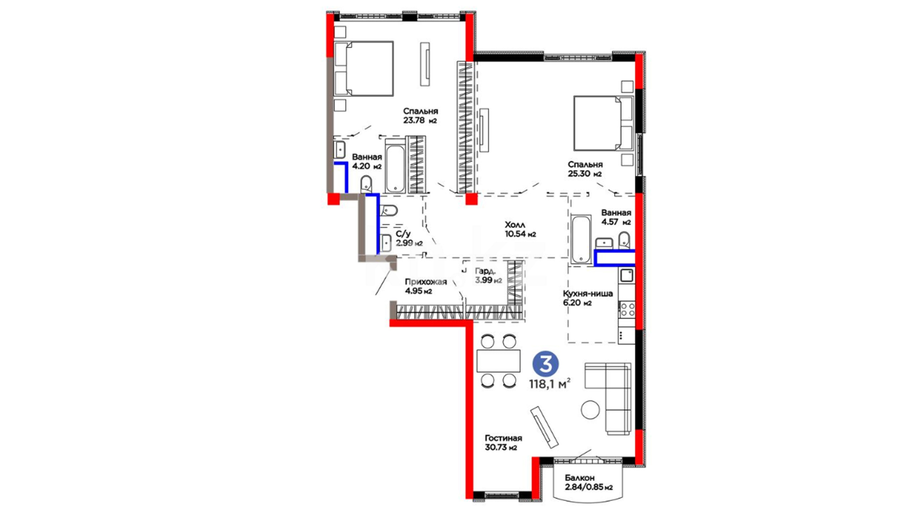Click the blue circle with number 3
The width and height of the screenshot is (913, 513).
pyautogui.click(x=546, y=364)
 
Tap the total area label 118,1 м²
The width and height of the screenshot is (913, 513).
pyautogui.click(x=550, y=384)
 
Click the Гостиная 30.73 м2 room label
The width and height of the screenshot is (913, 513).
pyautogui.click(x=503, y=443)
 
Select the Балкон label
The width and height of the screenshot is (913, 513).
pyautogui.click(x=580, y=478)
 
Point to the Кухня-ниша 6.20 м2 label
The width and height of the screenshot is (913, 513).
pyautogui.click(x=588, y=298)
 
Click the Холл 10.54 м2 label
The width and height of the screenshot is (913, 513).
pyautogui.click(x=520, y=229)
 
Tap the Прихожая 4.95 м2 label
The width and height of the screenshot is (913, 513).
pyautogui.click(x=426, y=286)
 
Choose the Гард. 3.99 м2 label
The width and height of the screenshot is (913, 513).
pyautogui.click(x=488, y=275)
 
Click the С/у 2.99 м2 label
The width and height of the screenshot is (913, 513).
pyautogui.click(x=409, y=238)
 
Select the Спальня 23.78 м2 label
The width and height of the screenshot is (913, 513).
pyautogui.click(x=420, y=115)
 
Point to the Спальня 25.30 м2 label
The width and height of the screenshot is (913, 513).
pyautogui.click(x=585, y=169)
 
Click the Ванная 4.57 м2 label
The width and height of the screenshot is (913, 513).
pyautogui.click(x=616, y=217)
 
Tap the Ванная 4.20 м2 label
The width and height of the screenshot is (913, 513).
pyautogui.click(x=367, y=161)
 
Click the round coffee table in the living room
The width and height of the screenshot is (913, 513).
pyautogui.click(x=590, y=409)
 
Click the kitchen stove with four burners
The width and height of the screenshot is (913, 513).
pyautogui.click(x=627, y=310)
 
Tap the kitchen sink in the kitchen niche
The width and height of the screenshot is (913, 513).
pyautogui.click(x=627, y=275)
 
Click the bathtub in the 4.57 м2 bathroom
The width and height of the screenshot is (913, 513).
pyautogui.click(x=581, y=239)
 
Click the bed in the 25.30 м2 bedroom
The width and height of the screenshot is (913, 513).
pyautogui.click(x=603, y=123)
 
